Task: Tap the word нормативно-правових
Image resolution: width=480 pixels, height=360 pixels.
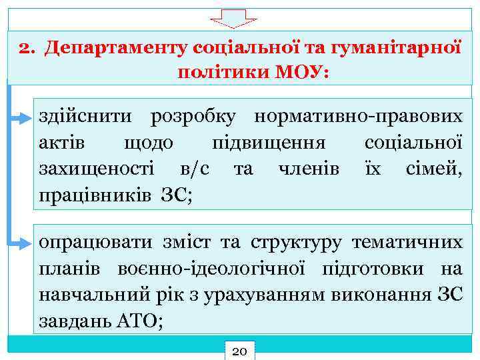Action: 357,117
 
